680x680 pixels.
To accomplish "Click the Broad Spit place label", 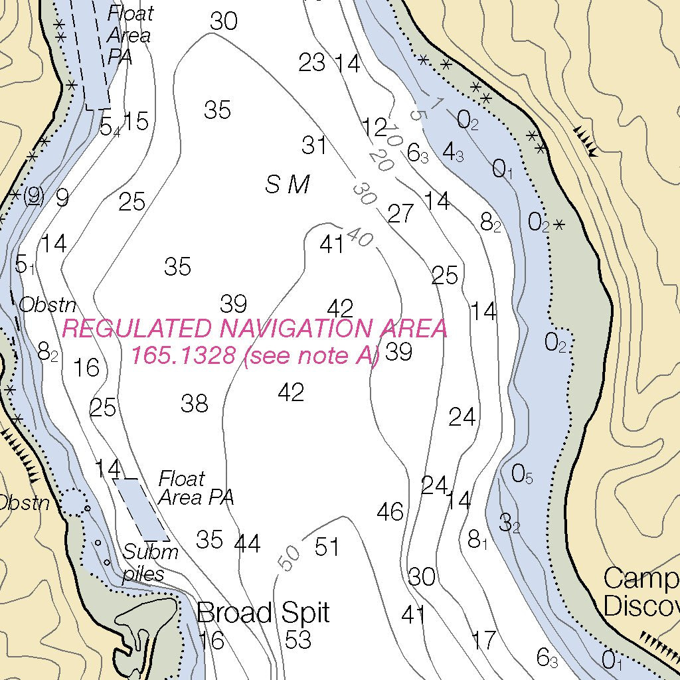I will coord(263,612).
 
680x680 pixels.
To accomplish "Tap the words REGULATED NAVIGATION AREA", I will coord(254,329).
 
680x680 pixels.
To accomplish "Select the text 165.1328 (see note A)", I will coord(254,356).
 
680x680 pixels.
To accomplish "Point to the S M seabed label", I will coord(288,185).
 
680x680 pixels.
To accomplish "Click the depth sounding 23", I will coord(311,62).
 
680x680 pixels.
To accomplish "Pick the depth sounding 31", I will coord(314,145).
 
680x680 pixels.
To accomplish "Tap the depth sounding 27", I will coord(400,214).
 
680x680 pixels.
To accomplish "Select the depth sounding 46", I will coord(390,512).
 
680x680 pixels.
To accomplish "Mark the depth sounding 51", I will coord(327,547).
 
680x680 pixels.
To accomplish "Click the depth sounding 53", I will coord(297,639).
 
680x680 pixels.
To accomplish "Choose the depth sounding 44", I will coord(248,544).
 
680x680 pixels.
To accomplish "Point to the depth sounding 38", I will coord(195,403).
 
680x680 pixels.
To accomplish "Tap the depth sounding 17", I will coord(483,640).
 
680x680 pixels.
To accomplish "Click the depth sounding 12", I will coord(375,126).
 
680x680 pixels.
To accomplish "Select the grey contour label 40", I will coord(360,238).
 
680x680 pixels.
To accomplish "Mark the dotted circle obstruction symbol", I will coord(75,502).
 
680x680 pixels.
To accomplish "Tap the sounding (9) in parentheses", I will coord(33,196).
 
